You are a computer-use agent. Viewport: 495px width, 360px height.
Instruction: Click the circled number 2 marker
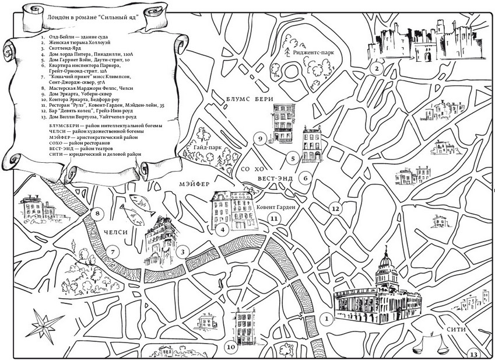377,68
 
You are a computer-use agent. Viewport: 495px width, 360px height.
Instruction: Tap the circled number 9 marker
260,139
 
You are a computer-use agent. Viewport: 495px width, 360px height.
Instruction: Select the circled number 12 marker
335,209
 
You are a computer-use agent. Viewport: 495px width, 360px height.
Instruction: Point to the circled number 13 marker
474,354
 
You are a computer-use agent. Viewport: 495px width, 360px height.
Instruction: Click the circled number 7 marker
113,252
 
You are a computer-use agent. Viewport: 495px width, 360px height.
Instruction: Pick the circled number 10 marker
231,347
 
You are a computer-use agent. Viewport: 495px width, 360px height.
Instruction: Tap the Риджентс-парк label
313,53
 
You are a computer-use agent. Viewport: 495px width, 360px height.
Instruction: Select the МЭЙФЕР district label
195,184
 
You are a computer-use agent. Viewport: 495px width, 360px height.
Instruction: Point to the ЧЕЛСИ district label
115,232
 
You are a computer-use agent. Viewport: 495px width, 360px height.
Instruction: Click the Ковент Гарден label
276,207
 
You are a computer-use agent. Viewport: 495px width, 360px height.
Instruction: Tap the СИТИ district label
456,330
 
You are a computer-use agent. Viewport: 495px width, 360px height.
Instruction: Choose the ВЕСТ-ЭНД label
275,179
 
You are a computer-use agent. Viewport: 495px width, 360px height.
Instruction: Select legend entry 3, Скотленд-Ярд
62,48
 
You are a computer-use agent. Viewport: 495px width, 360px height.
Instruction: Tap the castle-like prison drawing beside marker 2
427,41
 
